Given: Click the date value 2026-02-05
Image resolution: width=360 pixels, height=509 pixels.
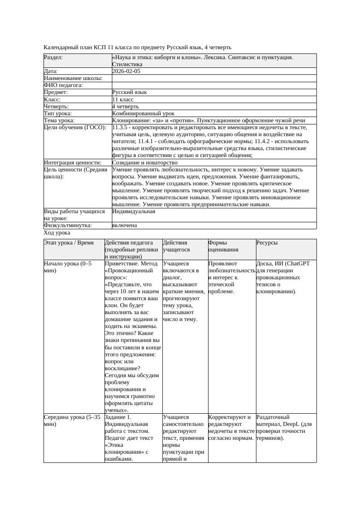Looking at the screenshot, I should point(126,71).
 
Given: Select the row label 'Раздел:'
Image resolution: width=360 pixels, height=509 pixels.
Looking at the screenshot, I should point(53,57).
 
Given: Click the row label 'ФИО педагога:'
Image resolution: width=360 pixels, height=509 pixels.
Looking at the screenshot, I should point(64,85).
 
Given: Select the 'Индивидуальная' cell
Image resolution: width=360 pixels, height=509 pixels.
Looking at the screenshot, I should point(134,211).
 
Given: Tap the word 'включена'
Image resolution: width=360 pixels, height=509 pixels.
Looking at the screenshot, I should point(124,225).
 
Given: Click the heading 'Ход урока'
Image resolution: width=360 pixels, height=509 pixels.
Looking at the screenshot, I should point(57,233).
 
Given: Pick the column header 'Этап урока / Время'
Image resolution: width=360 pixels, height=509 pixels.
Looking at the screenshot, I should point(69,243).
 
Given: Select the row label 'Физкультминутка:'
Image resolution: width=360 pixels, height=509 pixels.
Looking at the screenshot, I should point(67,225).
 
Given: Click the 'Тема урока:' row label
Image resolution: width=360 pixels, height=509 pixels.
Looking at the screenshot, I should point(59,121).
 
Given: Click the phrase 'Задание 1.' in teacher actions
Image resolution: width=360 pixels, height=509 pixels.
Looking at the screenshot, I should point(118,417).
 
